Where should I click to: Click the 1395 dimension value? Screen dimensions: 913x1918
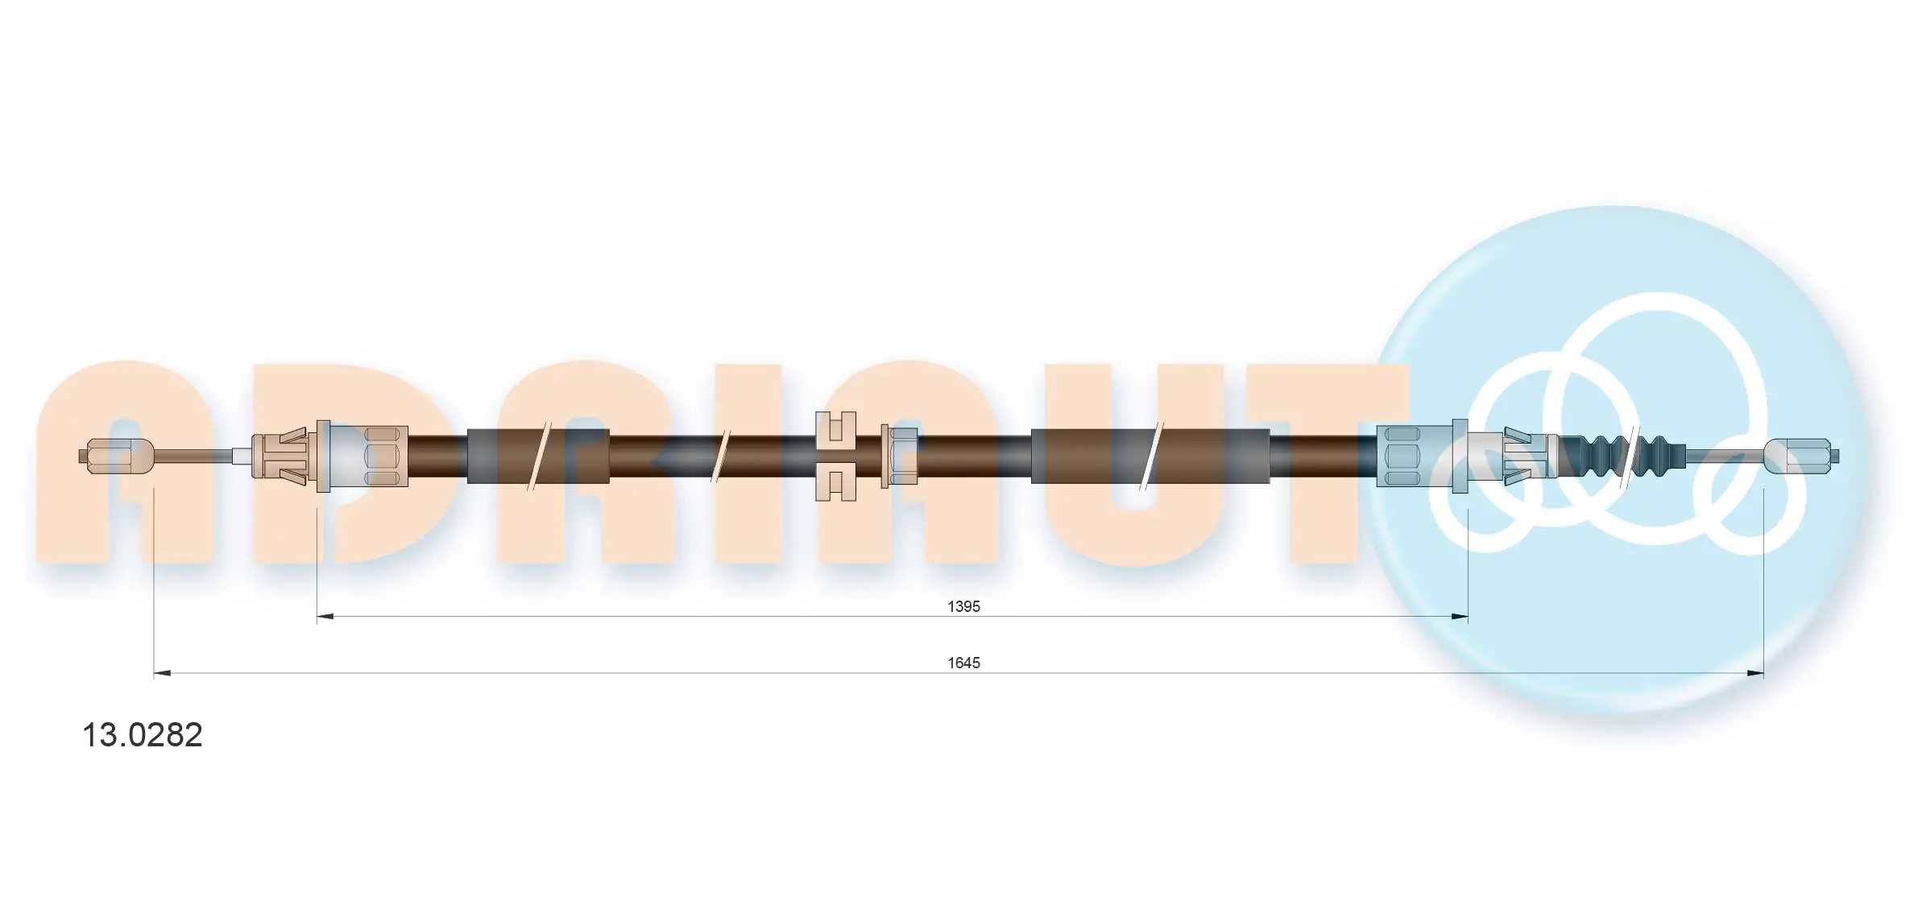pyautogui.click(x=963, y=606)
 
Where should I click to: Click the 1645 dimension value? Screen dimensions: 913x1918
pyautogui.click(x=963, y=663)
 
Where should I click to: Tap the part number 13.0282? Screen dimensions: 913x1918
pyautogui.click(x=143, y=735)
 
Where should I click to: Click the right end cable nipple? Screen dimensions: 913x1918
pyautogui.click(x=1801, y=456)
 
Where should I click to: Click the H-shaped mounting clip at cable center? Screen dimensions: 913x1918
pyautogui.click(x=835, y=456)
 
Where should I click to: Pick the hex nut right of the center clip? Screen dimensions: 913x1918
pyautogui.click(x=900, y=456)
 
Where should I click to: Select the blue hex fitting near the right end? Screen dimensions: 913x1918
pyautogui.click(x=1405, y=456)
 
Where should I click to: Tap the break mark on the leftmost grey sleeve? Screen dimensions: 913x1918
pyautogui.click(x=536, y=456)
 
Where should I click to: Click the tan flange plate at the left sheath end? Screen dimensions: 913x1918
pyautogui.click(x=325, y=456)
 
